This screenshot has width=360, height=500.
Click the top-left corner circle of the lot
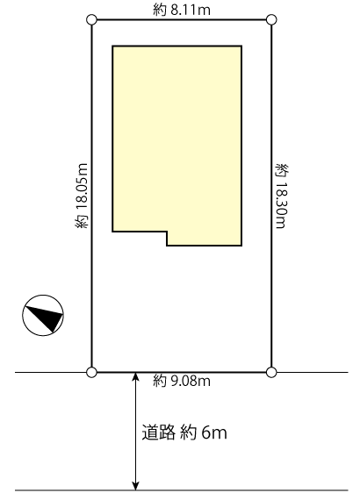91,19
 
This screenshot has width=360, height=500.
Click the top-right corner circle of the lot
271,19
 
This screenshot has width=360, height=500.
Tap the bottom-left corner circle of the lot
91,372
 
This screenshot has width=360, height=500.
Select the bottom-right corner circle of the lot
271,372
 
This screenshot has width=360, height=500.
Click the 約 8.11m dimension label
181,11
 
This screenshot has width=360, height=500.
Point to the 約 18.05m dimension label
82,196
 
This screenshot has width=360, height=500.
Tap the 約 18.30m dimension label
281,196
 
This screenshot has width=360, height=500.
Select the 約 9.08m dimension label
181,381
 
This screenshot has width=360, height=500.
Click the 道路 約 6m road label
184,432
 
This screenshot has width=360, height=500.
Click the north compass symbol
43,315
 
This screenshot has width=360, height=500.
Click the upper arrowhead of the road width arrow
136,376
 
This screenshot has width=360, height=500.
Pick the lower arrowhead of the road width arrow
136,485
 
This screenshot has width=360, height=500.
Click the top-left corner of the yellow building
112,46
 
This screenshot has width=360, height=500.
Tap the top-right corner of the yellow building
241,46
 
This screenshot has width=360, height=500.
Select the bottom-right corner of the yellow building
241,246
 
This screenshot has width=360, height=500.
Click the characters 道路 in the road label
159,432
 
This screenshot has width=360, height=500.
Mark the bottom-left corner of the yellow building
112,232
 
